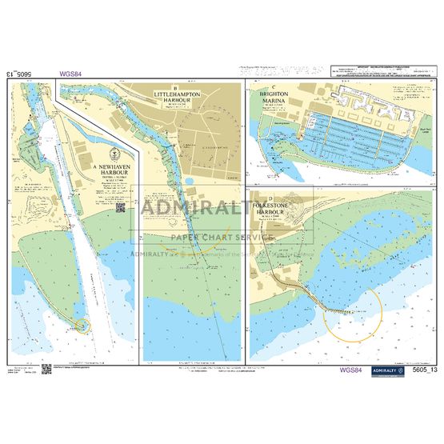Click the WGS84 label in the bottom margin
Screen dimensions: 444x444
pyautogui.click(x=351, y=370)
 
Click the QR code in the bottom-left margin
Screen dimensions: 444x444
pyautogui.click(x=46, y=369)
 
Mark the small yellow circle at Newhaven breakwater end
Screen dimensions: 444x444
pyautogui.click(x=78, y=324)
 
